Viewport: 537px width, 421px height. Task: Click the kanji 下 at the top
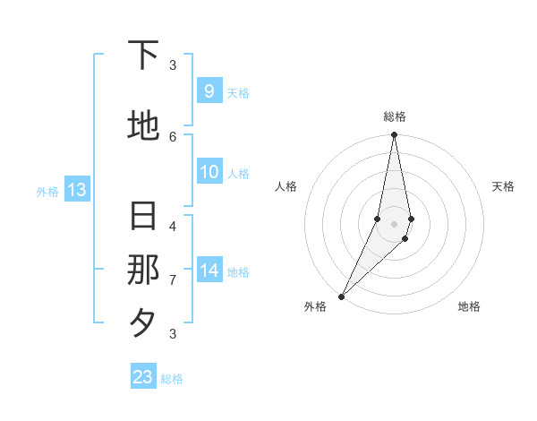pyautogui.click(x=144, y=56)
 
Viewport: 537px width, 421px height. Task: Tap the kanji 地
pyautogui.click(x=144, y=125)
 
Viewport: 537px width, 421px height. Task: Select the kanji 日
pyautogui.click(x=144, y=217)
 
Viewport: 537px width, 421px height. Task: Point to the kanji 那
pyautogui.click(x=144, y=270)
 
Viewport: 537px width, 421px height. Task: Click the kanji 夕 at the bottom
pyautogui.click(x=144, y=322)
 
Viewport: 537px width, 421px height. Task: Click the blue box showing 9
pyautogui.click(x=209, y=91)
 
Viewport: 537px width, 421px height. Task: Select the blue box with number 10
pyautogui.click(x=209, y=172)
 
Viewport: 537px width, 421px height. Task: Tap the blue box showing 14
pyautogui.click(x=209, y=271)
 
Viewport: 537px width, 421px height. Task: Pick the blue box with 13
pyautogui.click(x=76, y=190)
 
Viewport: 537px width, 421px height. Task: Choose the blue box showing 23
pyautogui.click(x=143, y=377)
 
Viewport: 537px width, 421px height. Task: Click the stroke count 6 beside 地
pyautogui.click(x=173, y=136)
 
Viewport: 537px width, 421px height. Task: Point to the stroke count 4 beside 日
pyautogui.click(x=173, y=226)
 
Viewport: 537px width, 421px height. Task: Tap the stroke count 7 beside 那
pyautogui.click(x=173, y=280)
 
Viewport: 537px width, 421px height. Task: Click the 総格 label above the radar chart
pyautogui.click(x=395, y=116)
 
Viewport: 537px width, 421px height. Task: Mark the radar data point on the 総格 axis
pyautogui.click(x=394, y=135)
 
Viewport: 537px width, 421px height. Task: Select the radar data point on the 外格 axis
pyautogui.click(x=341, y=296)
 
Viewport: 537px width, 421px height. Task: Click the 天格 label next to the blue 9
pyautogui.click(x=237, y=93)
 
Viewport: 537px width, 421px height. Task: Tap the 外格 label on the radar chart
pyautogui.click(x=315, y=307)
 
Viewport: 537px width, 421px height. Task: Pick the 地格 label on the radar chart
pyautogui.click(x=469, y=307)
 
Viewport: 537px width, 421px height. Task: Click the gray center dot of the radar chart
pyautogui.click(x=394, y=224)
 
